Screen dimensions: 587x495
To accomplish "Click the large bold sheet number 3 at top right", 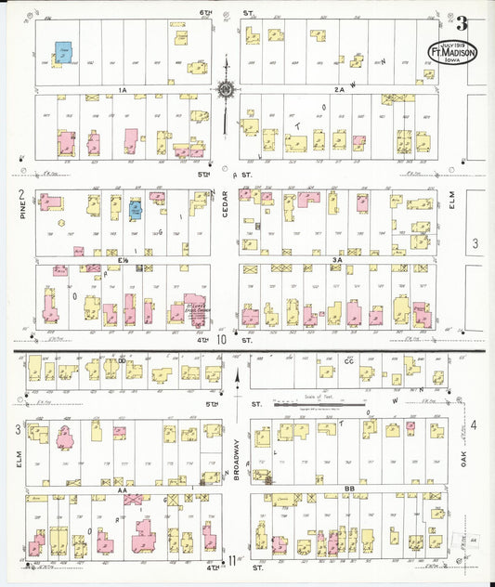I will pyautogui.click(x=462, y=24).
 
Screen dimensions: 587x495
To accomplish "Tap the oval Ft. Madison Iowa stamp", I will pyautogui.click(x=452, y=53).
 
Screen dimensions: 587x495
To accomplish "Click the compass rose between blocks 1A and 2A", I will pyautogui.click(x=226, y=90).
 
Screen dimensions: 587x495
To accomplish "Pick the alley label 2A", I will pyautogui.click(x=340, y=89).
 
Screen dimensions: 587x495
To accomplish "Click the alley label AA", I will pyautogui.click(x=122, y=485).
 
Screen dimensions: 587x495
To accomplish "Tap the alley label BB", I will pyautogui.click(x=349, y=486).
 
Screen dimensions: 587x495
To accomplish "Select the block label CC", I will pyautogui.click(x=349, y=359).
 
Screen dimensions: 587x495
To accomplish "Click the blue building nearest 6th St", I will pyautogui.click(x=64, y=51).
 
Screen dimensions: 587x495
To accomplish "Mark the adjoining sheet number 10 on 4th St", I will pyautogui.click(x=222, y=340).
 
